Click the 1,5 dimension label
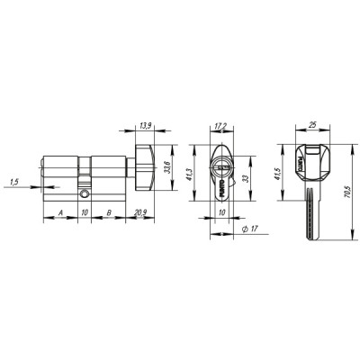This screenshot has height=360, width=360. click(x=13, y=183)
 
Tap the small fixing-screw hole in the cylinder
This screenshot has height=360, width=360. click(x=84, y=193)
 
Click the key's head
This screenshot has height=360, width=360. click(x=311, y=166)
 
